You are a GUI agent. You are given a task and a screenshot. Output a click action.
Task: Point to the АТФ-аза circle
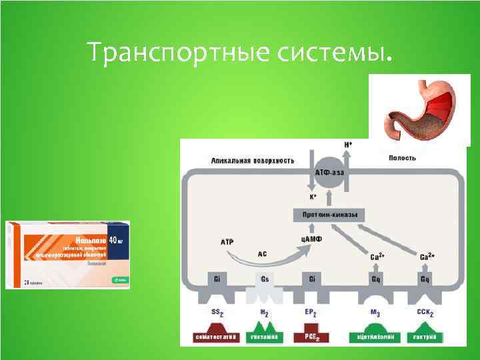[331, 173]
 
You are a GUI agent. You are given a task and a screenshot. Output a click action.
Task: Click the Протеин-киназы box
[330, 215]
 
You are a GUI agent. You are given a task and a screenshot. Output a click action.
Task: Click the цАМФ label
[311, 239]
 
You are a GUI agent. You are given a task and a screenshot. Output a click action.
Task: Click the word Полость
[402, 158]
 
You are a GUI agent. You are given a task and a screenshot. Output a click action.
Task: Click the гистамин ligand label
[264, 337]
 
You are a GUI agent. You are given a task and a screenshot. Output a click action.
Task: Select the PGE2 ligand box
[311, 337]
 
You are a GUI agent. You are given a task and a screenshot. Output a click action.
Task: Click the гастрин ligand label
[424, 337]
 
